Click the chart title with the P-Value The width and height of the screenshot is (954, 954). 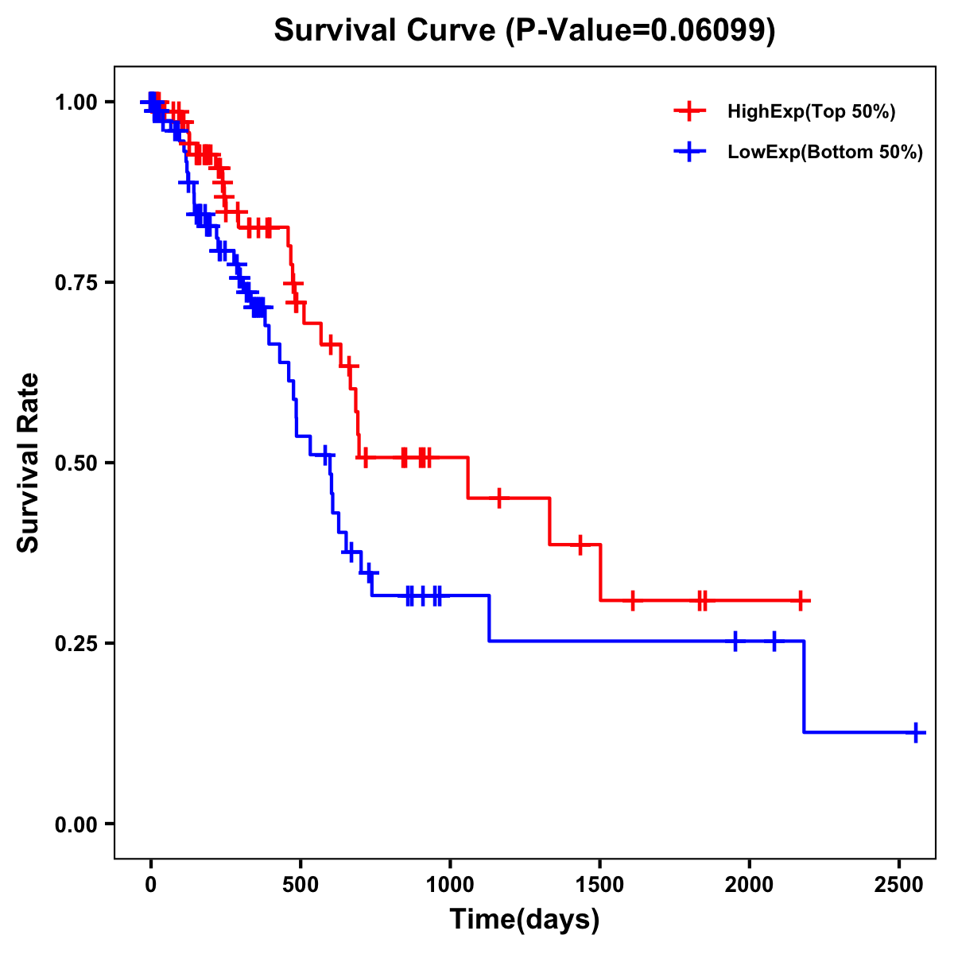pos(525,31)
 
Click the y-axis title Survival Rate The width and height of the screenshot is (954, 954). pos(29,463)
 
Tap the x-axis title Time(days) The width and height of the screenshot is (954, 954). pos(525,920)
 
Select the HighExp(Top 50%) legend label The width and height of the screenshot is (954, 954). pos(812,112)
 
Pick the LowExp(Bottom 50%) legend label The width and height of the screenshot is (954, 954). pos(825,153)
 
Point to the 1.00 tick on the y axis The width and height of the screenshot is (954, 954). pos(76,103)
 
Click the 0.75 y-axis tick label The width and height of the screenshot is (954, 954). pos(76,283)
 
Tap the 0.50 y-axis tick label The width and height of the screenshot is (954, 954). pos(76,463)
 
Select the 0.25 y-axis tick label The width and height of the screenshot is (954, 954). pos(76,643)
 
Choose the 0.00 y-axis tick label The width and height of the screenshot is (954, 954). pos(76,824)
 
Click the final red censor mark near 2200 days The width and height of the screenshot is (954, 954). pos(801,601)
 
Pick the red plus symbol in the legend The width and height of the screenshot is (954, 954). pos(690,112)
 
